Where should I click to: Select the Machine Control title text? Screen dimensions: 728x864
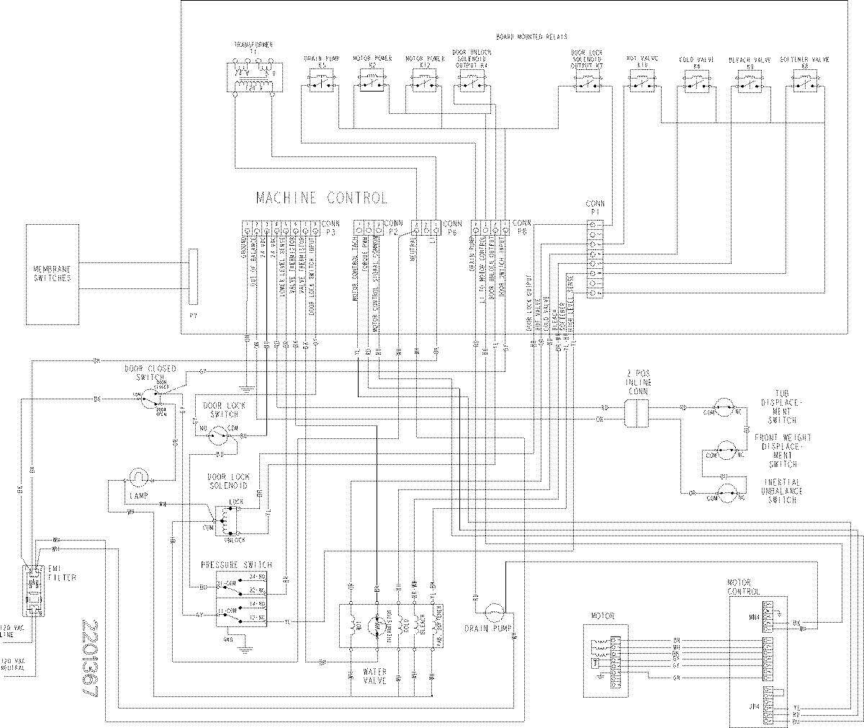tap(321, 197)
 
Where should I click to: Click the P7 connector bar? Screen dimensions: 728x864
tap(192, 276)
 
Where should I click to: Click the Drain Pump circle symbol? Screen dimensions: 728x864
tap(495, 613)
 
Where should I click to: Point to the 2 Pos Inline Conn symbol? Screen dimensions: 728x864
tap(635, 412)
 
